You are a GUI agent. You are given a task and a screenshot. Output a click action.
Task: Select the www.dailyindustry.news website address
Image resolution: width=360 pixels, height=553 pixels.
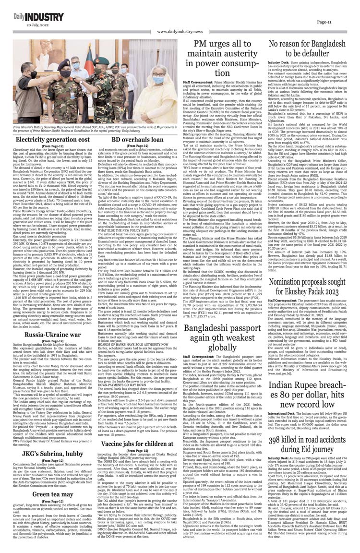coord(180,32)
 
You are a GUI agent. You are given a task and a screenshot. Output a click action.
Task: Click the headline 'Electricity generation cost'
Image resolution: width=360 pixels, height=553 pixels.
coord(52,139)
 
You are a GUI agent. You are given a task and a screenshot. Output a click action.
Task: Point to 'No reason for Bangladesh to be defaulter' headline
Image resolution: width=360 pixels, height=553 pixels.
coord(309,48)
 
